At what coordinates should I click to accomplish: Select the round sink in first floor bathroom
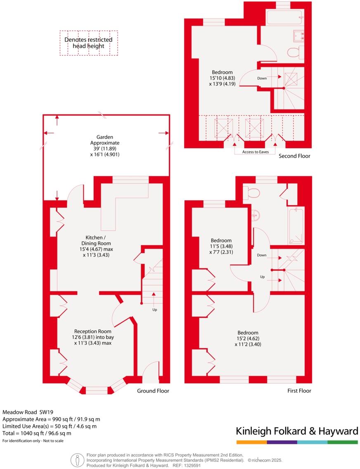point(255,215)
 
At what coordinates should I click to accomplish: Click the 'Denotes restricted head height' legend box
point(88,43)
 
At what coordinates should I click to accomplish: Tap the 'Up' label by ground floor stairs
point(154,309)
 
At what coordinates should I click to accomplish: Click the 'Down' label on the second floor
point(262,78)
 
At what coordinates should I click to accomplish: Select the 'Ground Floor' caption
point(153,391)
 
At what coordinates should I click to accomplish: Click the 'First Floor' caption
point(299,391)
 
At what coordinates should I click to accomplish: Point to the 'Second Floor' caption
point(294,156)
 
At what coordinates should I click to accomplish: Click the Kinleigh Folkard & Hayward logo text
point(297,431)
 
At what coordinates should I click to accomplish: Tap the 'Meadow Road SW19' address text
point(28,412)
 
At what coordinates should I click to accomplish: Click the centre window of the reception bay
point(97,389)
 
